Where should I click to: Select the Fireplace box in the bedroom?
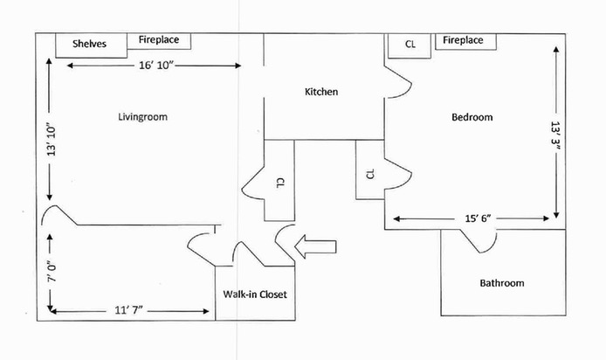coord(465,41)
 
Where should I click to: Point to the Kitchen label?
coord(321,92)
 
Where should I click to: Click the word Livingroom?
coord(142,116)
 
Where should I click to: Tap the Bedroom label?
coord(472,117)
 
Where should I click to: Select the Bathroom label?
coord(501,283)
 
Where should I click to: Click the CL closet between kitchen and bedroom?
coord(369,173)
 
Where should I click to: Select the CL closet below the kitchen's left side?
coord(279,181)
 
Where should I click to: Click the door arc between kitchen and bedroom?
coord(397,84)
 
